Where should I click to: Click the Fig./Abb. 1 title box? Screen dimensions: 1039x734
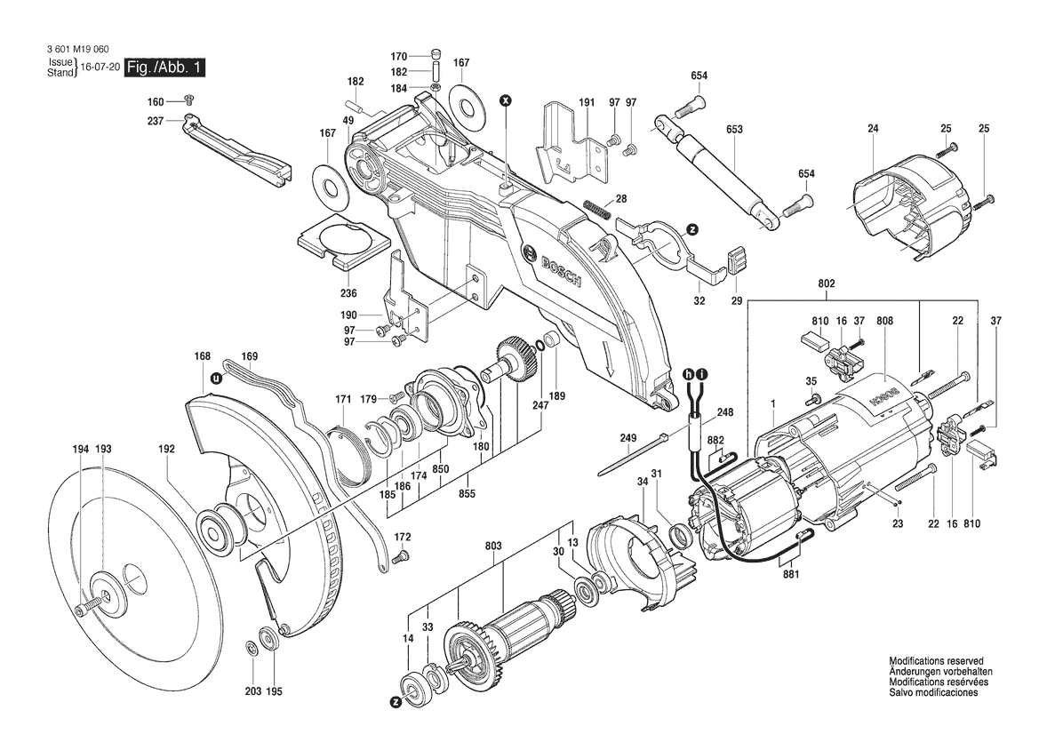[x=165, y=68]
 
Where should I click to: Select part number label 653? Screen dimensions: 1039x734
[x=734, y=130]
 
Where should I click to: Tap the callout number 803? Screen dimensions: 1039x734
[x=493, y=547]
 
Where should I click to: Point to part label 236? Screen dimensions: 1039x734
[x=348, y=293]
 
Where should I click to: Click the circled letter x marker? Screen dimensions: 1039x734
[x=506, y=100]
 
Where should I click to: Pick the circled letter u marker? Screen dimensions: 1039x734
[x=215, y=379]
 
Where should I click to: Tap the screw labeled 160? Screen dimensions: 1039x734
[x=188, y=100]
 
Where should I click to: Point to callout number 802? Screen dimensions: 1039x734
[x=827, y=283]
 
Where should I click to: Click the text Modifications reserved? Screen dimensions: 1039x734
[x=936, y=661]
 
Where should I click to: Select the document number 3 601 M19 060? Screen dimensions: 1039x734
[x=78, y=49]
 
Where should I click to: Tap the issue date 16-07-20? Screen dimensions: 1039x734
[x=100, y=68]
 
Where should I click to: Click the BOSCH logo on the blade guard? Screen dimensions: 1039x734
[x=551, y=266]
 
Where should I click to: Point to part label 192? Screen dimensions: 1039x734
[x=166, y=449]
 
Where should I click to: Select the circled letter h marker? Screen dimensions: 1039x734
[x=689, y=375]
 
